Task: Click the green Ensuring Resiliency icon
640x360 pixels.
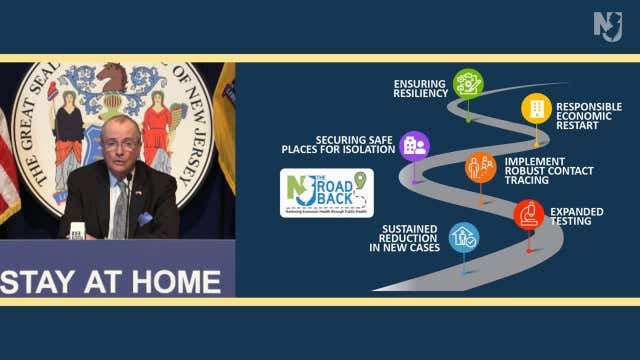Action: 468,83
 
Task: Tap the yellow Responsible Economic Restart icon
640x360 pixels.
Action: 536,108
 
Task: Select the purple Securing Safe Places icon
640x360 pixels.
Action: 414,146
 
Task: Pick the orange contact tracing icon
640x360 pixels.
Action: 481,167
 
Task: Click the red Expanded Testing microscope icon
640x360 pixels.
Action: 529,214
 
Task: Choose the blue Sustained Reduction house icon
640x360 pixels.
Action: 464,237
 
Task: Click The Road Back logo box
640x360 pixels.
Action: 326,192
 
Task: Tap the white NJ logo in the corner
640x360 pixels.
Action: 608,26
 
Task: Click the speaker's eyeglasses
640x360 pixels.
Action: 120,143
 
